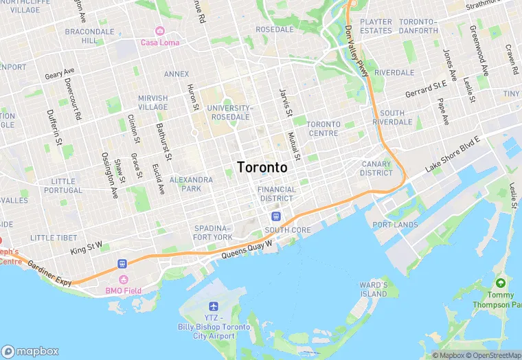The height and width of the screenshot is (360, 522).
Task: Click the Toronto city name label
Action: click(262, 167)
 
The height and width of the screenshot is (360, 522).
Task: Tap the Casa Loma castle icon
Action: click(159, 31)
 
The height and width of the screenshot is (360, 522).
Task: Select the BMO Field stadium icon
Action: click(124, 280)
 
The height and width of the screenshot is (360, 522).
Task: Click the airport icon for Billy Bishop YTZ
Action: click(212, 306)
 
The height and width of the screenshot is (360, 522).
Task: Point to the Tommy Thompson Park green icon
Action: click(501, 283)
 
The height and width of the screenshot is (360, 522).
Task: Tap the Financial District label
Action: click(277, 194)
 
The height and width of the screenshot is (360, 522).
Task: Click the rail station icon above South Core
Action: click(275, 217)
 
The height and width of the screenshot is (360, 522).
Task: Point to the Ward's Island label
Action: click(374, 289)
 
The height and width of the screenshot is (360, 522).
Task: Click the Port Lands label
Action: click(395, 225)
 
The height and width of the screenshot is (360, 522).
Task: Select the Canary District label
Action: click(376, 168)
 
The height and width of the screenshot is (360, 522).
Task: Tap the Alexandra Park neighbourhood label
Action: click(185, 183)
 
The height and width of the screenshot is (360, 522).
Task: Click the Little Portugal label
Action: click(63, 185)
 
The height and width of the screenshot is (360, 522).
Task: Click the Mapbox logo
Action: click(30, 351)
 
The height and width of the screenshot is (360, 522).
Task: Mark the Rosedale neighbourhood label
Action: click(275, 30)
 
